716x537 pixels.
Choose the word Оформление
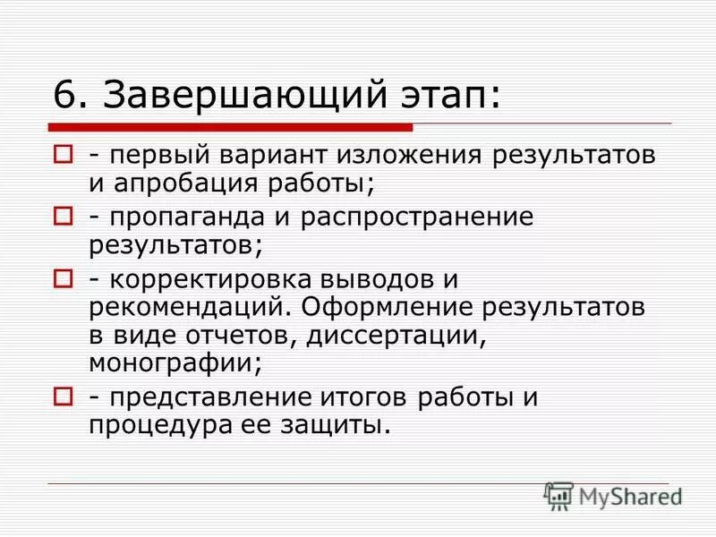(390, 308)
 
